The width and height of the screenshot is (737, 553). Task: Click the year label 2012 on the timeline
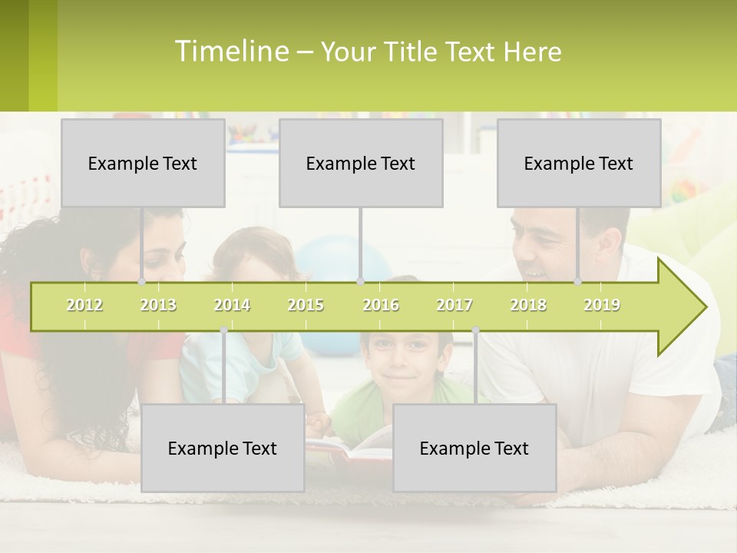point(84,305)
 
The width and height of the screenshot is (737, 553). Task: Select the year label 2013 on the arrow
point(158,305)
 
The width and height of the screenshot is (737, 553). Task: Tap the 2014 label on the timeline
point(232,305)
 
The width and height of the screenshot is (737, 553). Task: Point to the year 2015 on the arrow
point(306,305)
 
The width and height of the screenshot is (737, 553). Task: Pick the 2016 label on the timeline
point(381,305)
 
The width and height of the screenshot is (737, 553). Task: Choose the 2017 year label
point(454,305)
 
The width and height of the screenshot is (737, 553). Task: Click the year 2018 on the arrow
point(528,305)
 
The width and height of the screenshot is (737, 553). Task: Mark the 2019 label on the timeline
point(602,305)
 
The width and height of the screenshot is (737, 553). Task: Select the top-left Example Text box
point(143,163)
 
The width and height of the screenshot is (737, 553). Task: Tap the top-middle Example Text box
point(361,163)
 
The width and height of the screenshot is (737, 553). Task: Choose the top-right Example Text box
point(579,163)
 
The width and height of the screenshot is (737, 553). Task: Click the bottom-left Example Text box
point(223,448)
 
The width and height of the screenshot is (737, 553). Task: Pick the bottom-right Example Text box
point(474,448)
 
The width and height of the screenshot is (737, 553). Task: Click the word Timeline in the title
point(231,51)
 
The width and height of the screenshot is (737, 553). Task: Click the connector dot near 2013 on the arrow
point(141,282)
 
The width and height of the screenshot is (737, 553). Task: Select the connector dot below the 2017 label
point(475,329)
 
